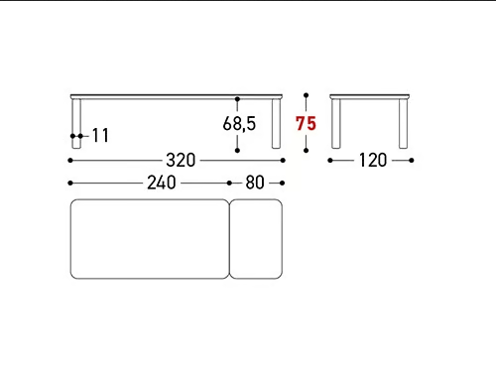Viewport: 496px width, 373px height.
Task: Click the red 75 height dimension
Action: [306, 123]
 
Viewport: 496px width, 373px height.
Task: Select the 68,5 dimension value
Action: [239, 123]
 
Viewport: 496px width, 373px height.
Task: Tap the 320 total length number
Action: [181, 161]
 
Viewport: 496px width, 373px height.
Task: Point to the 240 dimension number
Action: [162, 183]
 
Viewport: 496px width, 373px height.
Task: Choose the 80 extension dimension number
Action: [255, 183]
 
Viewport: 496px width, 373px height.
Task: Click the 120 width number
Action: [373, 161]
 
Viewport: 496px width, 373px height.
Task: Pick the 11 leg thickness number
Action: [100, 136]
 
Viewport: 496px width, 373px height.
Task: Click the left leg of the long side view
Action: [76, 124]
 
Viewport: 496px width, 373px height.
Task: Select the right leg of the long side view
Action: [276, 124]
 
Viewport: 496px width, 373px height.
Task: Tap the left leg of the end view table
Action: [336, 124]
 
